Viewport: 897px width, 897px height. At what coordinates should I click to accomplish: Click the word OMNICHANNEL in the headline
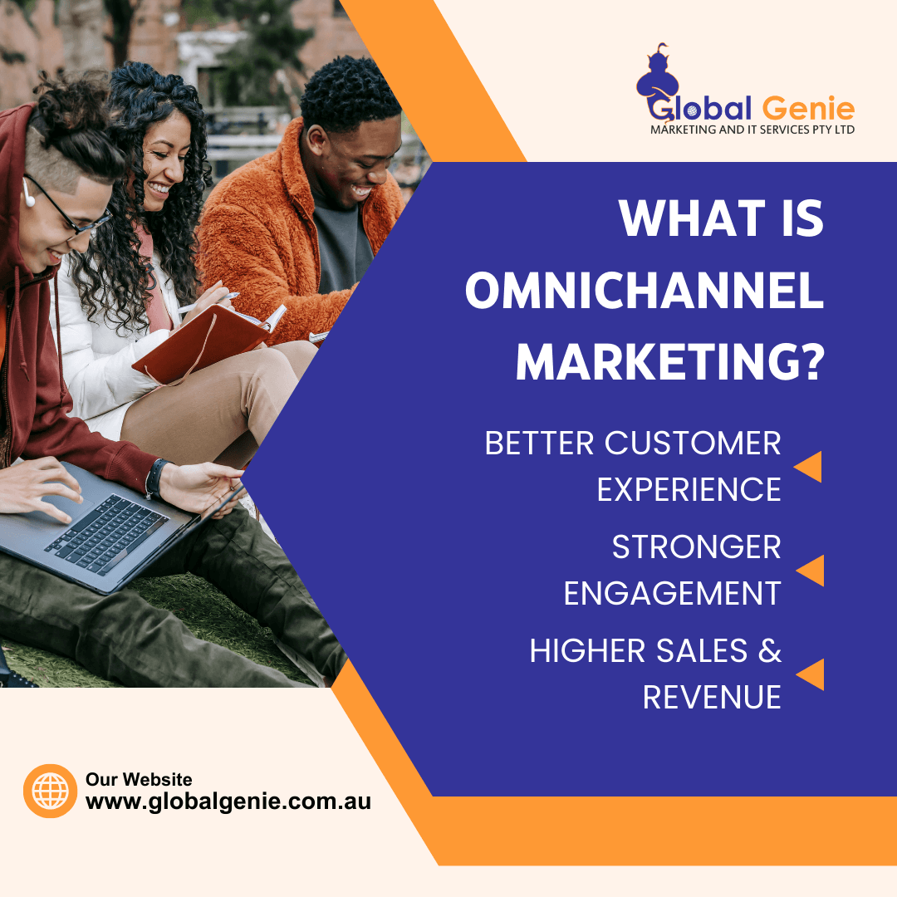coord(645,292)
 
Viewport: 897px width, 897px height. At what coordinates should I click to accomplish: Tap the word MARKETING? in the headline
coord(669,363)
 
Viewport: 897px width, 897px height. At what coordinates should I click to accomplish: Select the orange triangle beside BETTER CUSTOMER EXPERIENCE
coord(808,467)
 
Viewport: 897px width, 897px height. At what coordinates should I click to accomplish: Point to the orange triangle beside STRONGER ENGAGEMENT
coord(811,571)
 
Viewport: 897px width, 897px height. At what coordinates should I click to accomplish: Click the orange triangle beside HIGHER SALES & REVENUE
coord(811,674)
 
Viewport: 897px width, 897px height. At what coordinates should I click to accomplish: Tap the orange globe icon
coord(51,791)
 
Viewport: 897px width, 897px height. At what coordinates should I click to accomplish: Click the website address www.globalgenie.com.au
coord(228,801)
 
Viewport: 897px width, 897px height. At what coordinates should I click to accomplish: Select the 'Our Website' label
coord(139,779)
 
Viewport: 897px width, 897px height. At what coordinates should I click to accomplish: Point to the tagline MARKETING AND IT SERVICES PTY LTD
coord(752,130)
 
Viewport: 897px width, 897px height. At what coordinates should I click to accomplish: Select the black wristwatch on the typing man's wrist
coord(155,478)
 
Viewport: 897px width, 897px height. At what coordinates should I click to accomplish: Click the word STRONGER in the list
coord(696,547)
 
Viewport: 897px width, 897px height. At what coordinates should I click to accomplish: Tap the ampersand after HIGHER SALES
coord(769,651)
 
